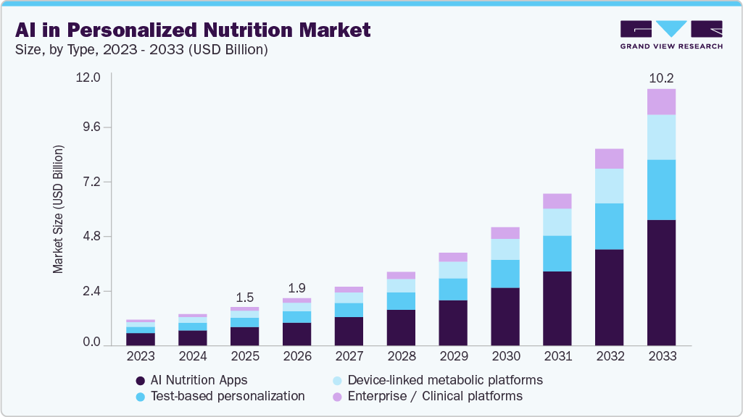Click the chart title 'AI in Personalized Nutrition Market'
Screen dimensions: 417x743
pos(192,30)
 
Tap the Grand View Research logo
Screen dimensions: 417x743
pos(671,34)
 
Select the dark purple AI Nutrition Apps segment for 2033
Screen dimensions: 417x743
pos(661,282)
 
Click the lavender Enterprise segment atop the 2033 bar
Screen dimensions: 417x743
pos(661,101)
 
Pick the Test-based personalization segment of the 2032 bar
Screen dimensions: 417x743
pos(609,226)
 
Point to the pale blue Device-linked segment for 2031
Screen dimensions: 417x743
pos(557,222)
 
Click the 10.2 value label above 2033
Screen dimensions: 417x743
pos(661,77)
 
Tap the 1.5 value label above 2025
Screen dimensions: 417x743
pos(244,297)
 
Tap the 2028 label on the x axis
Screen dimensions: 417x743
pos(401,356)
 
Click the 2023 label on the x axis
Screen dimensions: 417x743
pos(141,356)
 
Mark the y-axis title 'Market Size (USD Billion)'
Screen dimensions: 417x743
pos(58,210)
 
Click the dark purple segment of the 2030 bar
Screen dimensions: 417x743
pos(505,316)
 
